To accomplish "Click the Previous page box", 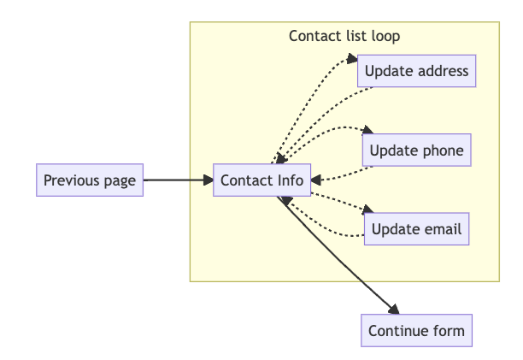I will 90,180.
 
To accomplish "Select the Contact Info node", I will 261,180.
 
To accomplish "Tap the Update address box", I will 416,71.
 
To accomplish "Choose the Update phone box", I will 416,151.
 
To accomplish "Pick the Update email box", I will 416,229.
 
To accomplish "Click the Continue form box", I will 416,331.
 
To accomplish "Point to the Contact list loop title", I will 344,36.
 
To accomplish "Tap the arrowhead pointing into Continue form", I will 394,310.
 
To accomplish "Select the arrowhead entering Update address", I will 353,60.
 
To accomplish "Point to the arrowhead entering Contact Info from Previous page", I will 208,180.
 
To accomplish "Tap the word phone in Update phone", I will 443,151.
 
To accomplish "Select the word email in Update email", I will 442,229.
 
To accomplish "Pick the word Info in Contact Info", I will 288,180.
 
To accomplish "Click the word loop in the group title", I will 385,36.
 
